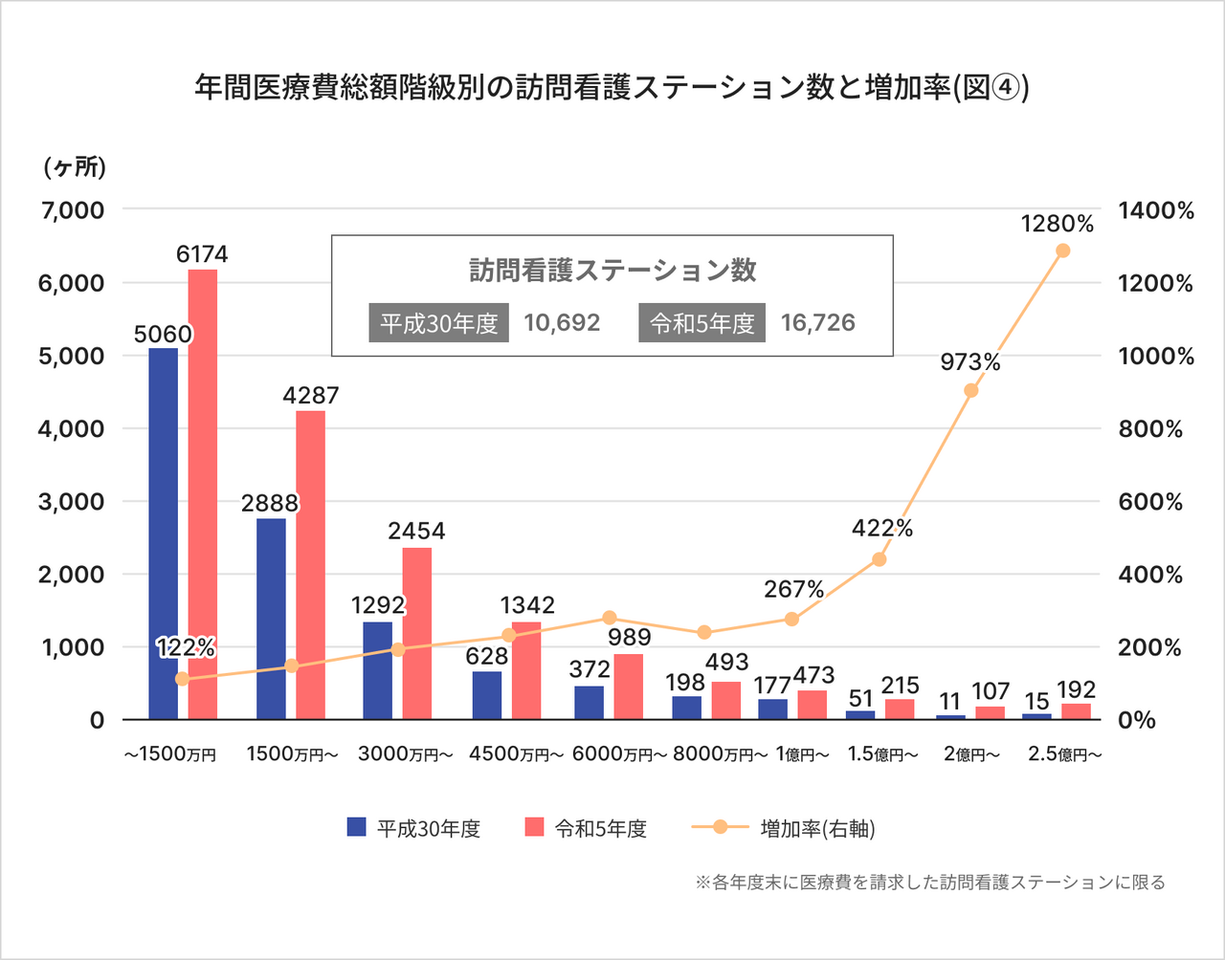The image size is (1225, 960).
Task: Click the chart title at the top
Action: click(x=612, y=89)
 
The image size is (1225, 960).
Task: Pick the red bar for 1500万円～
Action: click(x=310, y=564)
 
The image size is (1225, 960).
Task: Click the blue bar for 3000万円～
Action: click(x=377, y=670)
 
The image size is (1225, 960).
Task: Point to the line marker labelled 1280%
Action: click(x=1062, y=251)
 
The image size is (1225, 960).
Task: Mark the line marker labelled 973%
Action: click(x=971, y=390)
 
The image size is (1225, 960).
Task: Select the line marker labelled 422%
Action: click(x=880, y=559)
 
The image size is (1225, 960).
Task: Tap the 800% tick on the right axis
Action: click(x=1150, y=429)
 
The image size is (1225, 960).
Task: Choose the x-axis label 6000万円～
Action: click(x=619, y=754)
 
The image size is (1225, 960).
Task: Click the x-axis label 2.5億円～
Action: click(x=1064, y=754)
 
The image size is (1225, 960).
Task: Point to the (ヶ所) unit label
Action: click(x=75, y=167)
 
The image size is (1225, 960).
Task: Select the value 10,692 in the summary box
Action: click(x=562, y=323)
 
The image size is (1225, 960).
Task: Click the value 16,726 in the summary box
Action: click(x=817, y=323)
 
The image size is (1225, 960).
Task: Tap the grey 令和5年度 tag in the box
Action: click(x=702, y=324)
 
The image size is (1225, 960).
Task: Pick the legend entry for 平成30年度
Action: click(x=413, y=828)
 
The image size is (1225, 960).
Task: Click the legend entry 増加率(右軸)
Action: click(x=783, y=828)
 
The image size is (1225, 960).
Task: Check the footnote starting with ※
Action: click(x=929, y=883)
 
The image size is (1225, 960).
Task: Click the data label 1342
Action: click(x=527, y=605)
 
